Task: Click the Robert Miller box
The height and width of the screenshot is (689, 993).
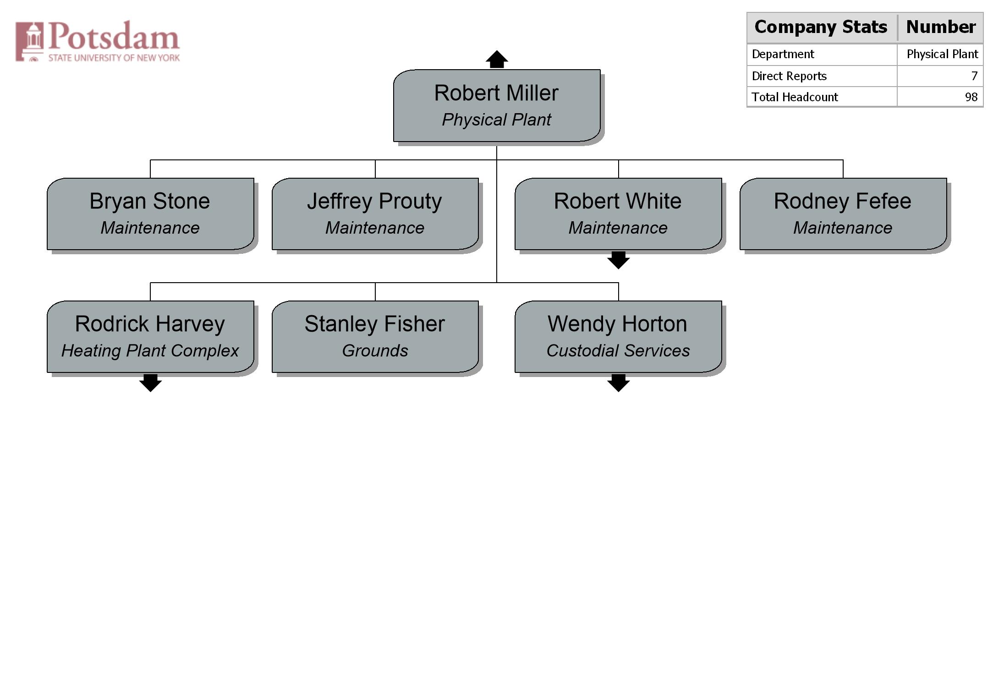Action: coord(497,105)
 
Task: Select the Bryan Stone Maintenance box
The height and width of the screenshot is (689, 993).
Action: coord(150,214)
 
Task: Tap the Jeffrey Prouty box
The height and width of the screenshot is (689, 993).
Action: coord(375,214)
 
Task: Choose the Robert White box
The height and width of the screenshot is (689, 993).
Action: coord(618,214)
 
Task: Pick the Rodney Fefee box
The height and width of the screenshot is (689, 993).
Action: coord(843,214)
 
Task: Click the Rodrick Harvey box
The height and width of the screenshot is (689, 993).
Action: coord(150,337)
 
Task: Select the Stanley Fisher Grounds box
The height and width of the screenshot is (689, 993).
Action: coord(375,337)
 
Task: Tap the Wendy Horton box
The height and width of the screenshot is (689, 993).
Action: coord(618,337)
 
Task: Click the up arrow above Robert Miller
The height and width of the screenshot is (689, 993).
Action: coord(497,59)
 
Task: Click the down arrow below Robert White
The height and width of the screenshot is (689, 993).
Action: coord(618,260)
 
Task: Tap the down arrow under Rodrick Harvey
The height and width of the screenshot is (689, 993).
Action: coord(150,383)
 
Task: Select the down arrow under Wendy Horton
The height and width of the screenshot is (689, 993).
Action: coord(618,383)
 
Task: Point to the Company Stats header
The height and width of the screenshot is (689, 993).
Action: coord(821,27)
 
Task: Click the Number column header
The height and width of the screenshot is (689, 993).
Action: coord(941,27)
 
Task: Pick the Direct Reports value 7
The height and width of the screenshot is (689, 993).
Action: coord(974,76)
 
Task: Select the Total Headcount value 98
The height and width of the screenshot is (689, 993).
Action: coord(971,97)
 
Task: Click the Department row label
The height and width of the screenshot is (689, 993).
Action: coord(783,55)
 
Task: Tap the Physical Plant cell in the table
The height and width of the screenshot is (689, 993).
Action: coord(942,55)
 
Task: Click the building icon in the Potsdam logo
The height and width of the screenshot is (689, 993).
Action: coord(30,41)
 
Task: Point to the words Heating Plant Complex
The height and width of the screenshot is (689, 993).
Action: coord(150,351)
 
